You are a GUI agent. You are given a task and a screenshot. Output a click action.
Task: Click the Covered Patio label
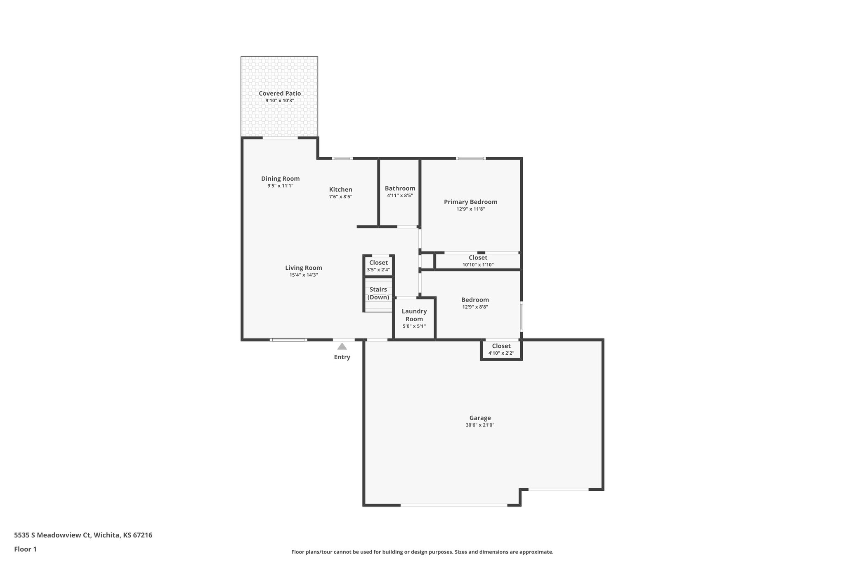(x=280, y=94)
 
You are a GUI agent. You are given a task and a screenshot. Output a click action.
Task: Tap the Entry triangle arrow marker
(x=342, y=346)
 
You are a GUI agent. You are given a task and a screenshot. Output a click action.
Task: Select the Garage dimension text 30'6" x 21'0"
(x=480, y=425)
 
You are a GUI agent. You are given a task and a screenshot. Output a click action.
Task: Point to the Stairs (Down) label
(x=378, y=293)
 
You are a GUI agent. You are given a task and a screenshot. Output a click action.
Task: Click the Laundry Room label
(x=414, y=315)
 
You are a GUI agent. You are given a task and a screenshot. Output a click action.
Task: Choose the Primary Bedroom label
(x=470, y=202)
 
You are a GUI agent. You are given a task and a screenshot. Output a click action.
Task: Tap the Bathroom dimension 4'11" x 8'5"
(x=400, y=196)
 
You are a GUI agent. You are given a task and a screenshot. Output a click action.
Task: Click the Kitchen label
(x=340, y=190)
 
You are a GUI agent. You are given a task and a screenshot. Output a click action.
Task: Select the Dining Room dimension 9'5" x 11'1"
(x=280, y=186)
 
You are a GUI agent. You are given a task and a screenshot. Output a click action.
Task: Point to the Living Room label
(x=303, y=268)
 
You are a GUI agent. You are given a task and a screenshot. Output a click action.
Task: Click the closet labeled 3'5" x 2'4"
(x=378, y=266)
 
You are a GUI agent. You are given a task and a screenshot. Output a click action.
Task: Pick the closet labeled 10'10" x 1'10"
(x=478, y=261)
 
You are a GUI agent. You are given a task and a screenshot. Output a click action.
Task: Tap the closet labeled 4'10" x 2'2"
(x=501, y=349)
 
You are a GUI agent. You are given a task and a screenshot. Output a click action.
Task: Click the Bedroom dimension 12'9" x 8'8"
(x=475, y=307)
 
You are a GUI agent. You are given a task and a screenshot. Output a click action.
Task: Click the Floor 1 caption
(x=25, y=549)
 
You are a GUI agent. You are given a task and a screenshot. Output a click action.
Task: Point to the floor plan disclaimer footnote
(x=422, y=552)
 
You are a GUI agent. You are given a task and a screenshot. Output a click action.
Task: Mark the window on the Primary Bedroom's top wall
(x=470, y=158)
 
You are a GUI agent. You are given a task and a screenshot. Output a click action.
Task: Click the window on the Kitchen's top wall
(x=342, y=158)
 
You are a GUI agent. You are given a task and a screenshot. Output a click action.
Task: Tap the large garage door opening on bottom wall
(x=454, y=505)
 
